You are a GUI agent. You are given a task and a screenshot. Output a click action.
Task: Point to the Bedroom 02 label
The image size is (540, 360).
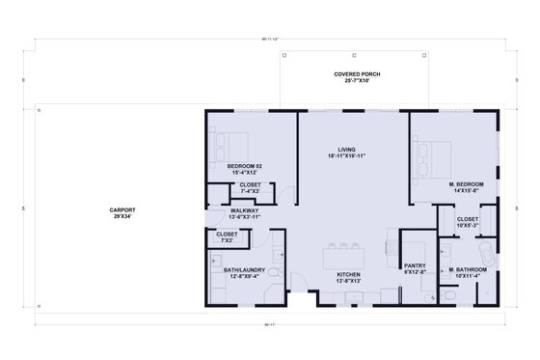tap(245, 166)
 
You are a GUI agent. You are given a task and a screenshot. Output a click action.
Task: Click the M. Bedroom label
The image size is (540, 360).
tap(466, 183)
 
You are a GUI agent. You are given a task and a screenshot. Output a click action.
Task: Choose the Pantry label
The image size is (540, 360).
tap(416, 265)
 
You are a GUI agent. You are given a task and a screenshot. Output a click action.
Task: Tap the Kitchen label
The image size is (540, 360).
tap(348, 275)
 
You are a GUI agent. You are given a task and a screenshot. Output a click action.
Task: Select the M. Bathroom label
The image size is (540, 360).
tap(466, 269)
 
